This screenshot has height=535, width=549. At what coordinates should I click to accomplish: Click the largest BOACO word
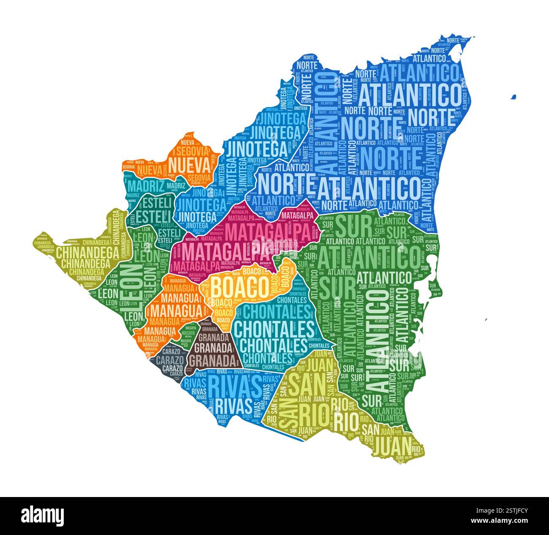(x=240, y=287)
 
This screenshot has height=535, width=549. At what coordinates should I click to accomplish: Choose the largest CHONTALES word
(x=274, y=328)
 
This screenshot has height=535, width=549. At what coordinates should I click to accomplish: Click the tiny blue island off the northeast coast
(x=513, y=97)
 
